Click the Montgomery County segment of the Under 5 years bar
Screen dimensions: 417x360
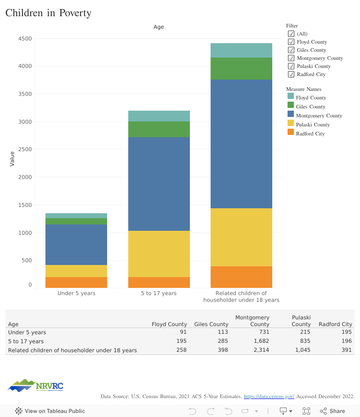click(76, 245)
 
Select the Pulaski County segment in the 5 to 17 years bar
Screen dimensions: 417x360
click(159, 254)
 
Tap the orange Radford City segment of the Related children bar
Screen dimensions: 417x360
click(242, 277)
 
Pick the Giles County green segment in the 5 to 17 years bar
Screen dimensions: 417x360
click(159, 129)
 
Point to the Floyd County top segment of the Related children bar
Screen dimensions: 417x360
click(242, 50)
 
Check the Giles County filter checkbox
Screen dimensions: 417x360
click(291, 50)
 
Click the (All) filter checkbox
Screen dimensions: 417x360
click(291, 34)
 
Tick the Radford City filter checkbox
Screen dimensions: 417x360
click(291, 74)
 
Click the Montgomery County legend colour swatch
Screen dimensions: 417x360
click(290, 116)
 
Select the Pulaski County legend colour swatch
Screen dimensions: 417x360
click(290, 125)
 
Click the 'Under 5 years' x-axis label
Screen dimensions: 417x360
click(76, 293)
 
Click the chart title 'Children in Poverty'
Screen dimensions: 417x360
click(48, 13)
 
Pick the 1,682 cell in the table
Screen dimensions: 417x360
click(260, 341)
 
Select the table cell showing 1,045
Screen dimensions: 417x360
click(301, 350)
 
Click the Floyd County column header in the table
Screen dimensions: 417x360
click(169, 324)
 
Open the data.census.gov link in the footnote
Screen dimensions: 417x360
click(269, 396)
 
